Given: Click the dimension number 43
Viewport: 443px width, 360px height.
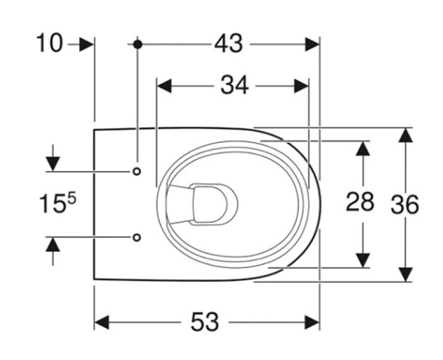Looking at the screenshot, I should [x=228, y=44].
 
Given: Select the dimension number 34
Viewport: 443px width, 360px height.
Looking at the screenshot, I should [x=234, y=85].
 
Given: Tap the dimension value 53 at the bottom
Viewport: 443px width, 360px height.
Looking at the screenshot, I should [x=205, y=321].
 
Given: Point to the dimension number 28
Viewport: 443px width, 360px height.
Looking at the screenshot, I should [x=360, y=203].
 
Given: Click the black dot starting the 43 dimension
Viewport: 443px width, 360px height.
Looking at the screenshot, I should [x=137, y=44].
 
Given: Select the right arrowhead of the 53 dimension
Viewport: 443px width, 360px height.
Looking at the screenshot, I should [x=312, y=322].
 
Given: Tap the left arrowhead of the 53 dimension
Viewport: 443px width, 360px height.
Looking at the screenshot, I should [x=101, y=322].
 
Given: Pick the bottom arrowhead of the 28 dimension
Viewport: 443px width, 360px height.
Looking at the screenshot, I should [x=362, y=260].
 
